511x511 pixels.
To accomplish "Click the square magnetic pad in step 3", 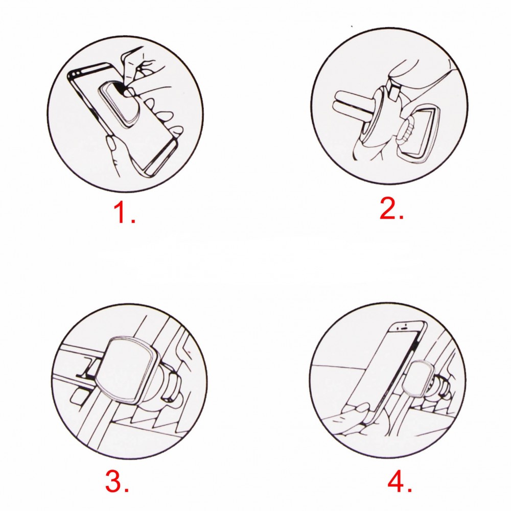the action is (x=127, y=370).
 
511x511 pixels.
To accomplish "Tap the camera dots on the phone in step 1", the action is (x=76, y=75).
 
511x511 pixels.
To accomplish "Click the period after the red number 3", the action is (x=126, y=490).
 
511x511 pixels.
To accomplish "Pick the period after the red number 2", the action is (x=401, y=216).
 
